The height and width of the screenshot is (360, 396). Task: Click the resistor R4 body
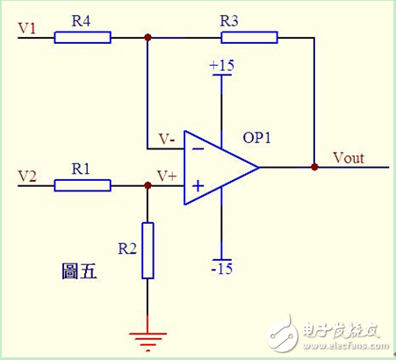pos(83,37)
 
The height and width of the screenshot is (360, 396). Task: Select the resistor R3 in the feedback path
pos(249,37)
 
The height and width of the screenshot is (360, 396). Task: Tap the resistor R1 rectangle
pos(83,185)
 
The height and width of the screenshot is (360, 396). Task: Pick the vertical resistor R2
pos(148,251)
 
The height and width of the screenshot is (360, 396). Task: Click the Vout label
pos(349,159)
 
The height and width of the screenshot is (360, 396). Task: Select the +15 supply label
pos(221,66)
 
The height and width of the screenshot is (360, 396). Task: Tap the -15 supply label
pos(221,267)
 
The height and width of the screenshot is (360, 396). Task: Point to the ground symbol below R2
pos(148,337)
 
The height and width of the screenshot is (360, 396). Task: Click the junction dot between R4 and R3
pos(148,37)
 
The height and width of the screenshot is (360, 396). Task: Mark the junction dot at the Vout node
pos(313,166)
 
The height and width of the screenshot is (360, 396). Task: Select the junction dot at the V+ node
pos(148,185)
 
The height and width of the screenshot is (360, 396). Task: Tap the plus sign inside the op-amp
pos(198,185)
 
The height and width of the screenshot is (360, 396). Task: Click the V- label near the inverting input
pos(165,139)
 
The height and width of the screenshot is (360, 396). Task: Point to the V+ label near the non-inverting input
pos(166,176)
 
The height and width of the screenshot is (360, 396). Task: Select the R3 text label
pos(228,19)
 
